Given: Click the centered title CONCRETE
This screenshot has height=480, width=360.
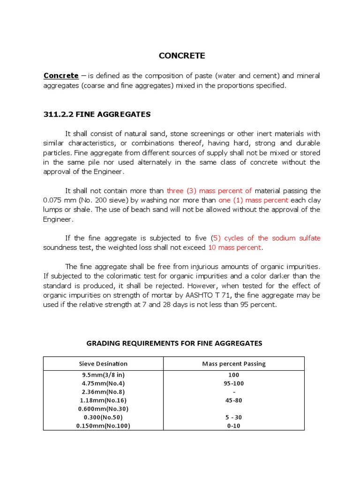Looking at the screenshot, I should [181, 56].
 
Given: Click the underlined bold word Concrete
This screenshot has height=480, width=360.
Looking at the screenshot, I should [61, 75].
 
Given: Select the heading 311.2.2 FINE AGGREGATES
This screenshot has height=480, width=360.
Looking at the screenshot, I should [97, 114].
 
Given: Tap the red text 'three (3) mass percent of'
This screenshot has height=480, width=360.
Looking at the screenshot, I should [209, 190].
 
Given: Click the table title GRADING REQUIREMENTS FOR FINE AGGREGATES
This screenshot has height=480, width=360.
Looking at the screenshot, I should [174, 343].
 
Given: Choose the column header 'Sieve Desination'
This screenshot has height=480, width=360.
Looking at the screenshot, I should [103, 364].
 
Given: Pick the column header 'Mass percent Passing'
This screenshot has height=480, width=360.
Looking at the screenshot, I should [233, 364].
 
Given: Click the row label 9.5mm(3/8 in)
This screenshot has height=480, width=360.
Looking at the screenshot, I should [103, 375].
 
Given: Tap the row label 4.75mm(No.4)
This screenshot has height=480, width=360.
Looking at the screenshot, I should [103, 383].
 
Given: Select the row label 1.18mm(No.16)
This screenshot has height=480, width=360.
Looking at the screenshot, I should [103, 400].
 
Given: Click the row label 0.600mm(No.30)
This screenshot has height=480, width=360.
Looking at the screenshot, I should [103, 409].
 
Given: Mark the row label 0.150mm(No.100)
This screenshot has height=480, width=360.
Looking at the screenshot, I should [103, 426].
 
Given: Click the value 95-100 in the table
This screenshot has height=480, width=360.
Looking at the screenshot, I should [233, 383].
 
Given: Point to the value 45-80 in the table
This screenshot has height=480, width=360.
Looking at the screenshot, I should [233, 400].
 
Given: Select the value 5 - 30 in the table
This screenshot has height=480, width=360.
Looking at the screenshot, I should [233, 417].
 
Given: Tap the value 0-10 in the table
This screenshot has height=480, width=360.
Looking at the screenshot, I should [233, 426].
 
